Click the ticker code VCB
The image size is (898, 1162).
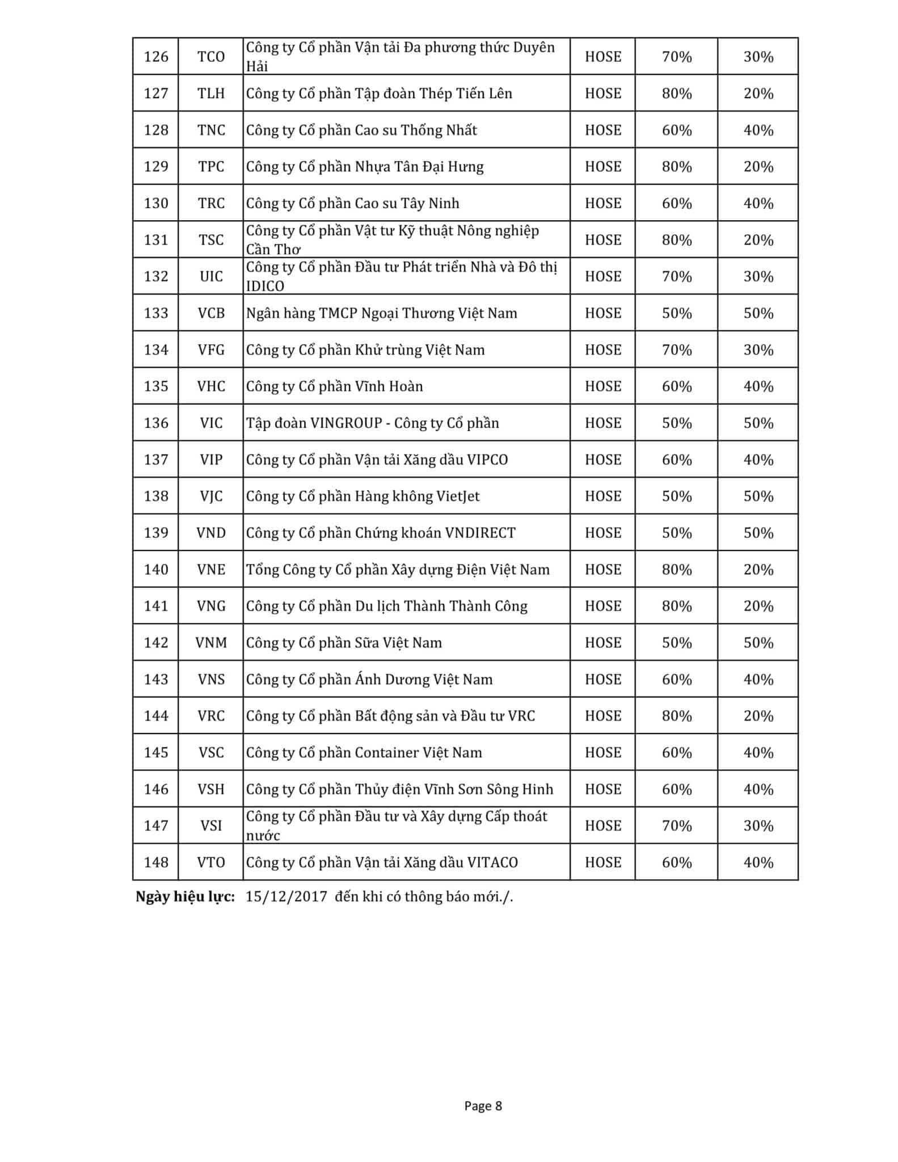[x=211, y=313]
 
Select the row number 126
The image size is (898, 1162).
[x=156, y=57]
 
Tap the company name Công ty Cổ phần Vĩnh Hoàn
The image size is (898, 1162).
[x=334, y=386]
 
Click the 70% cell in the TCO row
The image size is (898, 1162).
[x=676, y=57]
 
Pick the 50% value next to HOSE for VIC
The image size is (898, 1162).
[x=676, y=423]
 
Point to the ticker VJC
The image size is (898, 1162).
[x=211, y=496]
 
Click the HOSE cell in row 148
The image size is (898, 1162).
[x=602, y=862]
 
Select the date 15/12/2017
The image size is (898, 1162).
[x=286, y=896]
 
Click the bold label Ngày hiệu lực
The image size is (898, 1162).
[x=185, y=896]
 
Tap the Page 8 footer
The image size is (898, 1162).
[x=483, y=1105]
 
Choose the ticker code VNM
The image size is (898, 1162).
[x=211, y=643]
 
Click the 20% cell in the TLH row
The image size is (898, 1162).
[x=758, y=94]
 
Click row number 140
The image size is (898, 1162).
[x=156, y=570]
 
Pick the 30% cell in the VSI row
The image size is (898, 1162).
[x=758, y=826]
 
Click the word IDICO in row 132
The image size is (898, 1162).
[x=265, y=286]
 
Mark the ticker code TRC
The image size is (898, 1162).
[x=211, y=203]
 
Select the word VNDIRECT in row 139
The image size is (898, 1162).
[x=480, y=533]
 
